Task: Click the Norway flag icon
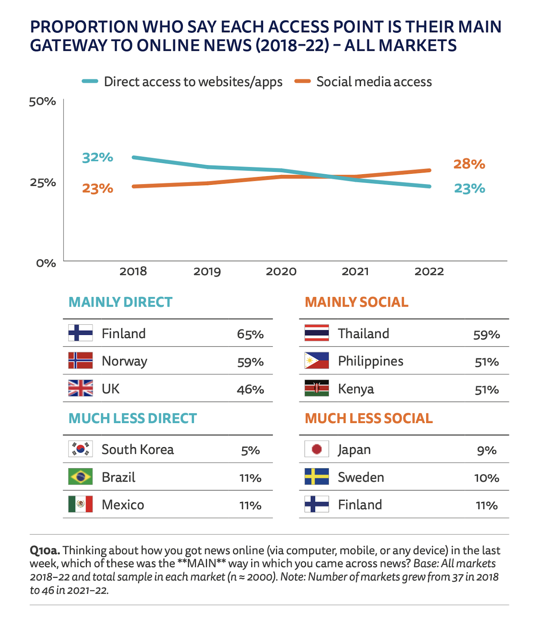click(80, 361)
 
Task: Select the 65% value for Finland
click(250, 334)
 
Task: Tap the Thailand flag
click(316, 333)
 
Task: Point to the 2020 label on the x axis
click(281, 271)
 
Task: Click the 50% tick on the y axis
click(43, 102)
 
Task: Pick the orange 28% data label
click(469, 164)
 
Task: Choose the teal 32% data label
click(98, 157)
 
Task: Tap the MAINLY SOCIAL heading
click(356, 302)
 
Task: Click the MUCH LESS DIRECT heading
click(133, 418)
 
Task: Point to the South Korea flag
click(80, 449)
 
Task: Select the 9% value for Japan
click(486, 450)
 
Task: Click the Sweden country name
click(361, 477)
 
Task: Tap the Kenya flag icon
click(316, 388)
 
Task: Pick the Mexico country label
click(123, 505)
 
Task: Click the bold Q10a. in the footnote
click(45, 550)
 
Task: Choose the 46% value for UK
click(250, 389)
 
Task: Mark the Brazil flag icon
click(80, 477)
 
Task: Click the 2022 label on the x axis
click(429, 271)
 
